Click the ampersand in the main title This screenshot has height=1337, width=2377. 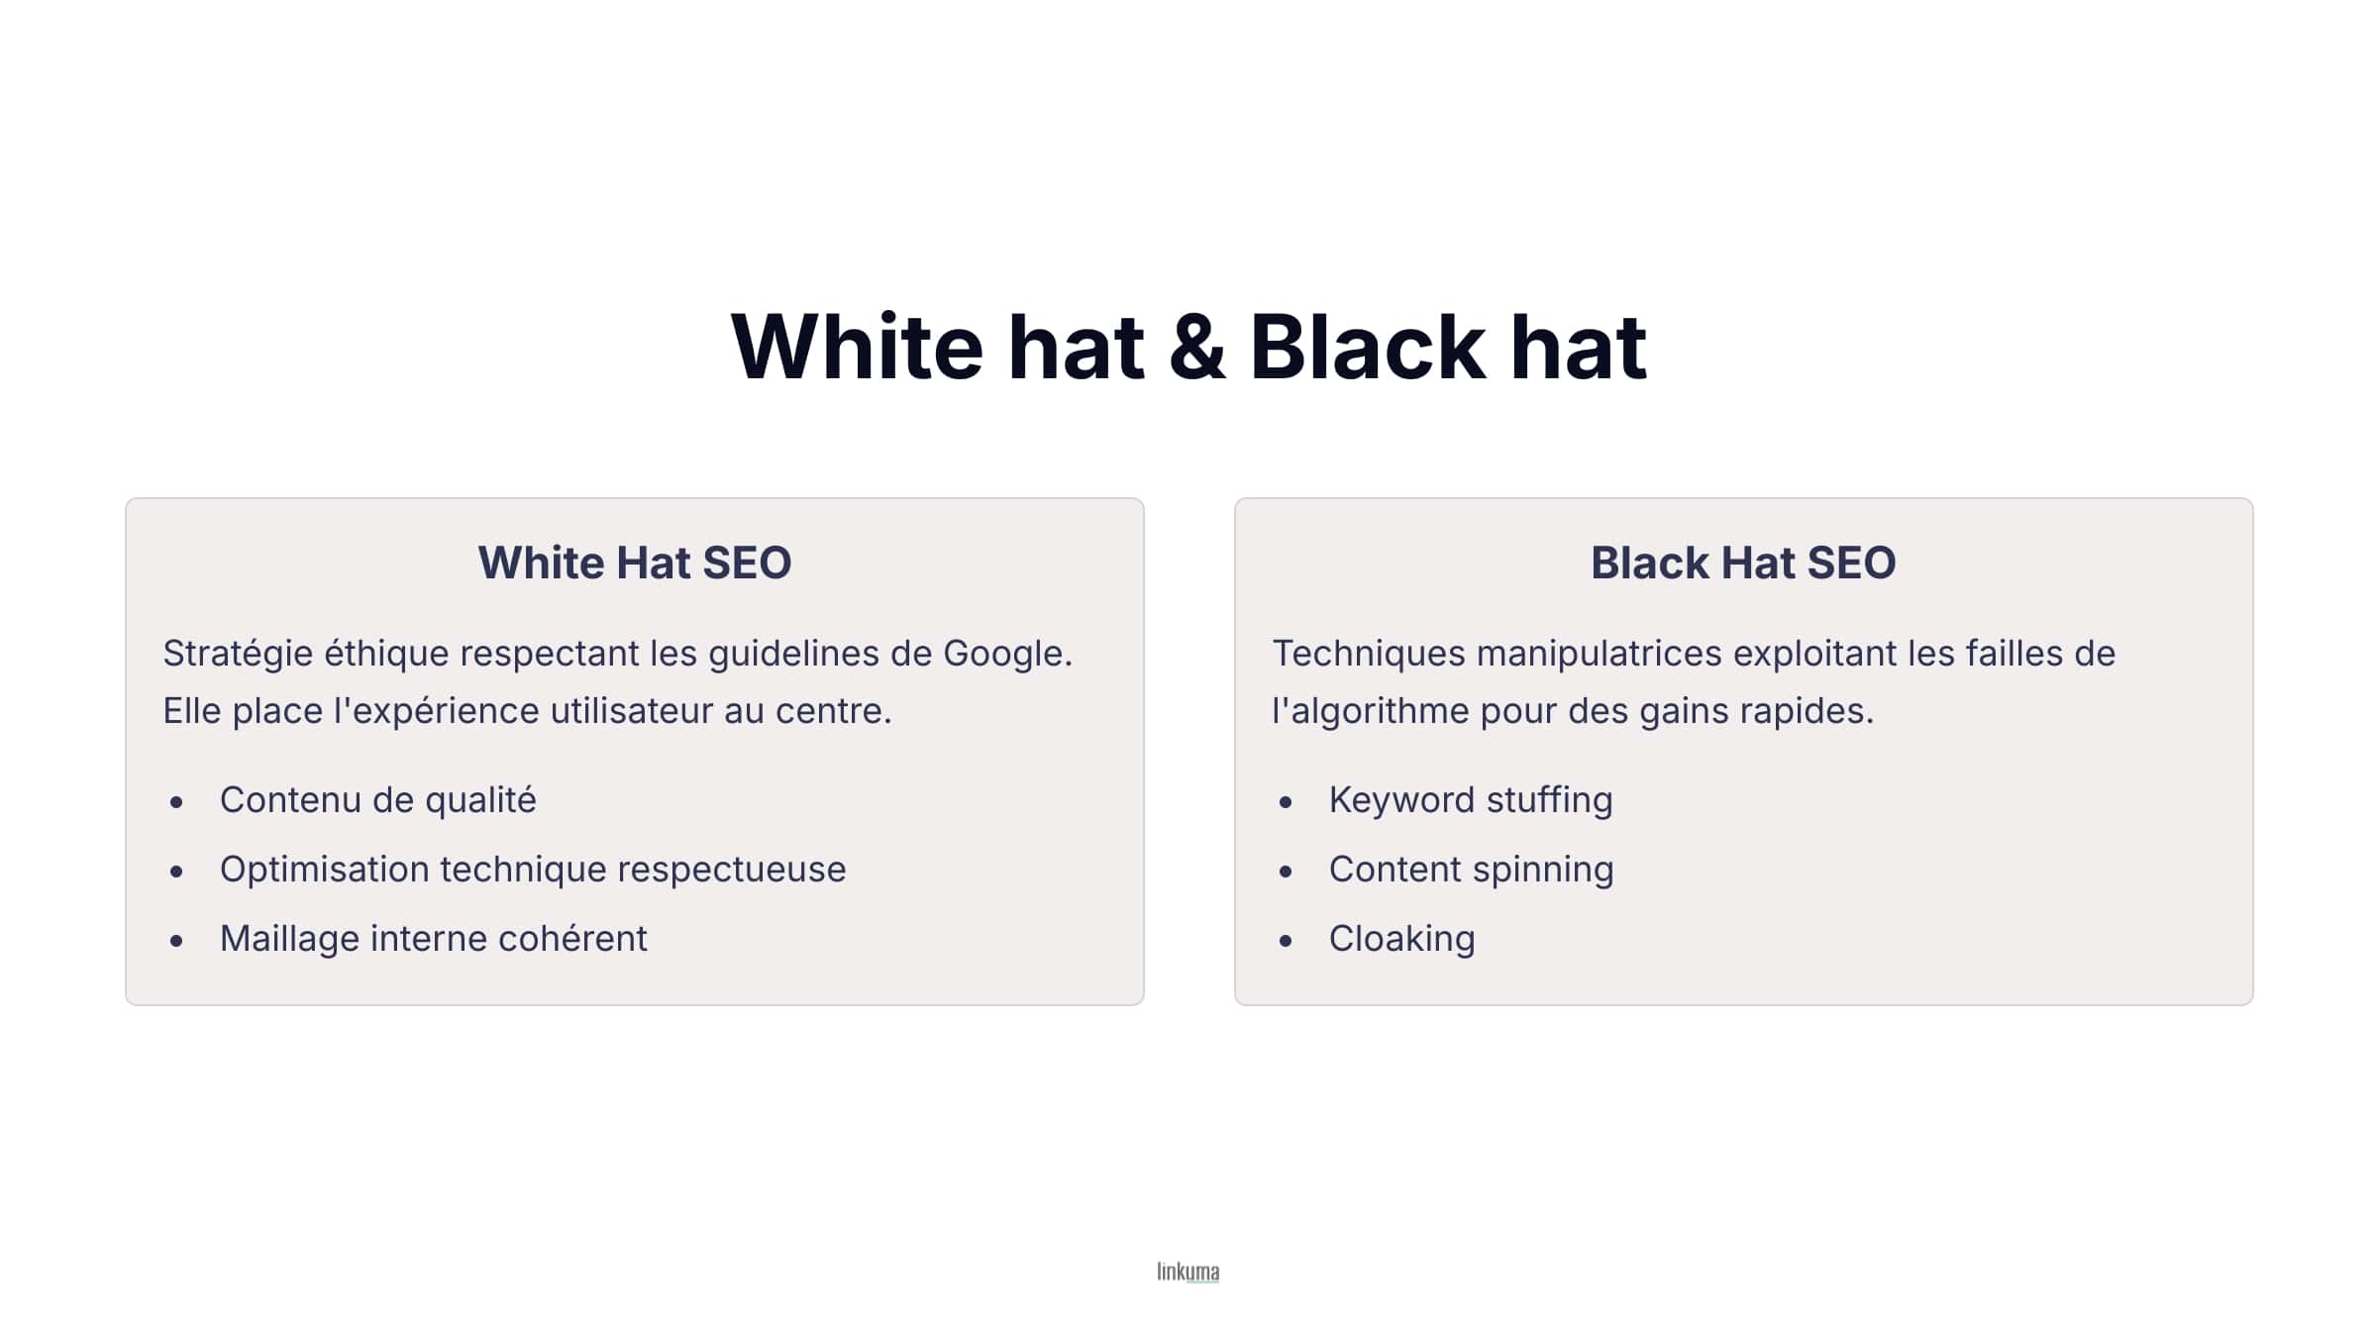pyautogui.click(x=1196, y=347)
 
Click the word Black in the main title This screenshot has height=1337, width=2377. pyautogui.click(x=1367, y=347)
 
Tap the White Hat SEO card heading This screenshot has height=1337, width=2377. pyautogui.click(x=635, y=563)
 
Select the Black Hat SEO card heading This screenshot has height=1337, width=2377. pyautogui.click(x=1743, y=563)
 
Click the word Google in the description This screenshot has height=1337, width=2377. pyautogui.click(x=1006, y=654)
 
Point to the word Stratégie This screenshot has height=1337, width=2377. pyautogui.click(x=238, y=654)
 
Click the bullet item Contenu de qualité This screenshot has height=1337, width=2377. pyautogui.click(x=377, y=800)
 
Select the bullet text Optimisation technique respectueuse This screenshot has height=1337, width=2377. pyautogui.click(x=533, y=870)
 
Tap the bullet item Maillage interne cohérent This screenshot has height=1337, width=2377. pyautogui.click(x=433, y=939)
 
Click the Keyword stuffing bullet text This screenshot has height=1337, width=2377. pyautogui.click(x=1471, y=800)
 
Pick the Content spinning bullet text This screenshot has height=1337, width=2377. pyautogui.click(x=1471, y=870)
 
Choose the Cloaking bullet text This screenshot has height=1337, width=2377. pyautogui.click(x=1401, y=939)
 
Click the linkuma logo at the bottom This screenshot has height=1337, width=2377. pyautogui.click(x=1188, y=1272)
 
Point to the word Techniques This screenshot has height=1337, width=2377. pyautogui.click(x=1368, y=654)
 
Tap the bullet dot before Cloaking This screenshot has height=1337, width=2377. pyautogui.click(x=1286, y=941)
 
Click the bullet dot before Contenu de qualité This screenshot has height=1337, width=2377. pyautogui.click(x=176, y=802)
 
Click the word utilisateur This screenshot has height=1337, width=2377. pyautogui.click(x=631, y=711)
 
